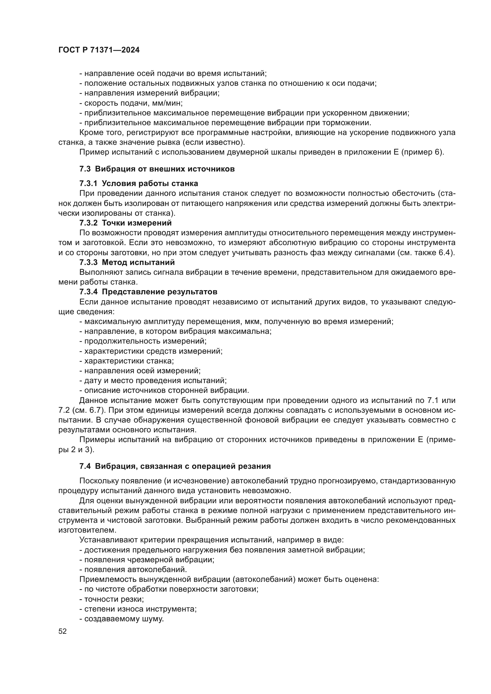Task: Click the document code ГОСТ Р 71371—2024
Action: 99,50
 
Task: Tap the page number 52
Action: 63,631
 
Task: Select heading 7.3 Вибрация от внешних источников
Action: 157,169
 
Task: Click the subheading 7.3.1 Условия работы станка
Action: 139,183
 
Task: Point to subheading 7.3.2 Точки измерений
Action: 126,223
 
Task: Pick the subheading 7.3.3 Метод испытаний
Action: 127,262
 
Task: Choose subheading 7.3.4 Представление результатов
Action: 148,292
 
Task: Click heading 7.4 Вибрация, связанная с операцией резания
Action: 175,466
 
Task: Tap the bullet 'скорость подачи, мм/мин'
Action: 131,103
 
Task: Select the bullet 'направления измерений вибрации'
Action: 149,93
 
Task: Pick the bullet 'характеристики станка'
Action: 127,361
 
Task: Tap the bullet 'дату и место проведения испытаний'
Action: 153,381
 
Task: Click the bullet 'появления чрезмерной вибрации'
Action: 147,560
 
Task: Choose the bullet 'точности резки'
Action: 112,599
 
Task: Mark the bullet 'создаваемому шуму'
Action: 121,619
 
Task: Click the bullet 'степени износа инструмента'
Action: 138,609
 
